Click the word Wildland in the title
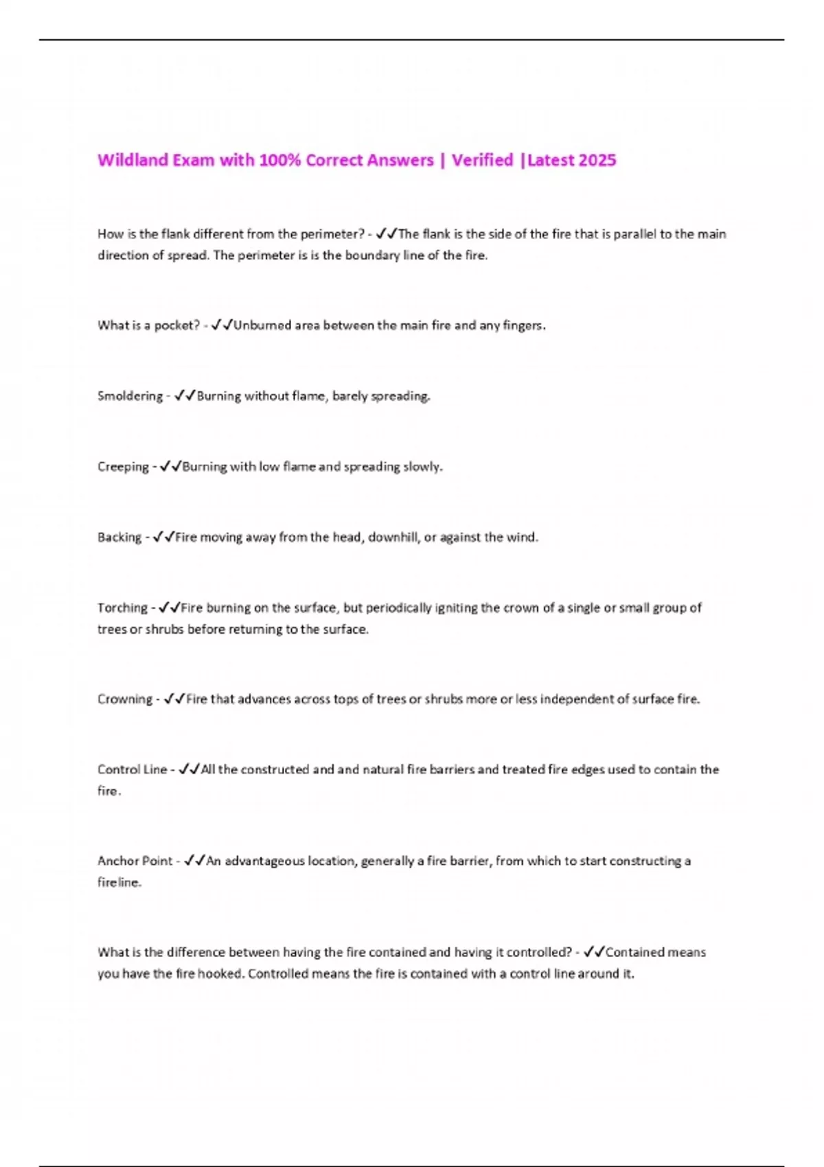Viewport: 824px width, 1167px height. pos(133,160)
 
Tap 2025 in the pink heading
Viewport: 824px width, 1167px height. pos(597,160)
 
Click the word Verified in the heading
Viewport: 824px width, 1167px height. pos(482,160)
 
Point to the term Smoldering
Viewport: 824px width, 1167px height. pos(130,396)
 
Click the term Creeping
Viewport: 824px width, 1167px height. pos(123,467)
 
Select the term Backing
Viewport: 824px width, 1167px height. pos(119,538)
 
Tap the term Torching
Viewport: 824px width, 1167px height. pos(122,608)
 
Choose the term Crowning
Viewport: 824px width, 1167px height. pos(125,700)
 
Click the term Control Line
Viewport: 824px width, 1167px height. pos(132,770)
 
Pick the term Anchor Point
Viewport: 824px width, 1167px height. pos(135,861)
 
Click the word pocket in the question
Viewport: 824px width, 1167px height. pos(176,325)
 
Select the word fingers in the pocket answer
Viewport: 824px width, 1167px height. pos(524,325)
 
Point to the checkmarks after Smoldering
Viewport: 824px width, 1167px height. pos(185,396)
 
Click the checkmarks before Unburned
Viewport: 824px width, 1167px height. pos(222,325)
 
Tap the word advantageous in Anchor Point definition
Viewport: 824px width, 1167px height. pos(264,861)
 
